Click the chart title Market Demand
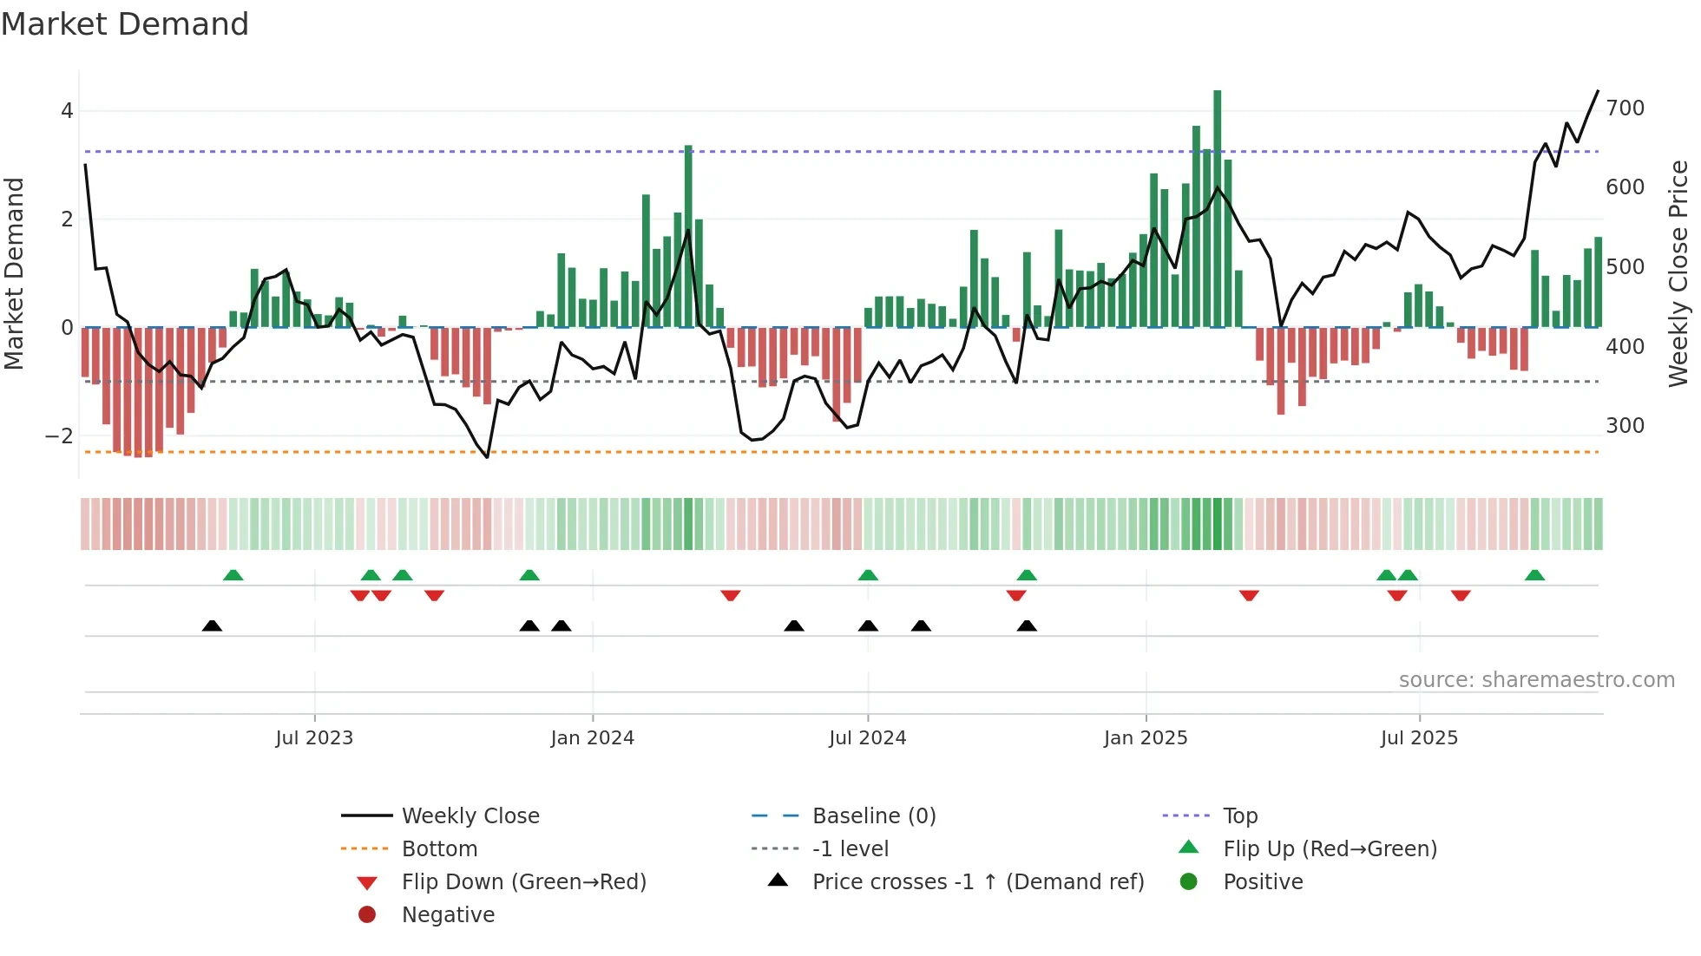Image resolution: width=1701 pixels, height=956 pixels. click(125, 24)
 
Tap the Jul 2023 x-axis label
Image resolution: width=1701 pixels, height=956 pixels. click(314, 738)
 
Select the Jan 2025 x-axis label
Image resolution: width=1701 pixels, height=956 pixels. click(1146, 738)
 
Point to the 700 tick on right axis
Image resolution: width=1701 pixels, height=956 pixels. click(1625, 108)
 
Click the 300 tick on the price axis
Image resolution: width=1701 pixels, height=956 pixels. click(1625, 426)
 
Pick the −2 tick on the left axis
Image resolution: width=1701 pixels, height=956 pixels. click(59, 436)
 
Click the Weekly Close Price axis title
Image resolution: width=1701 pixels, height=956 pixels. click(1678, 273)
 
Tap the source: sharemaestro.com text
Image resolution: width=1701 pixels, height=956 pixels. click(1536, 680)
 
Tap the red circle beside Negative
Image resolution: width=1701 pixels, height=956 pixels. click(367, 915)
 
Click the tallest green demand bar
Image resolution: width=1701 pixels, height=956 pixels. click(1218, 208)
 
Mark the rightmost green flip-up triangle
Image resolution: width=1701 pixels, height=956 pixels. click(1534, 575)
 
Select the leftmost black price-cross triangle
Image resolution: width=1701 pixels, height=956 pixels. click(212, 625)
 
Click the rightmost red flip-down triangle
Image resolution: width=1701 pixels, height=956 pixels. click(1461, 595)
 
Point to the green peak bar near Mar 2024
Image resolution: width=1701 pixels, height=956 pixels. click(688, 234)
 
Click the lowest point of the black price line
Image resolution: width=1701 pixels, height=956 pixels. click(487, 457)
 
